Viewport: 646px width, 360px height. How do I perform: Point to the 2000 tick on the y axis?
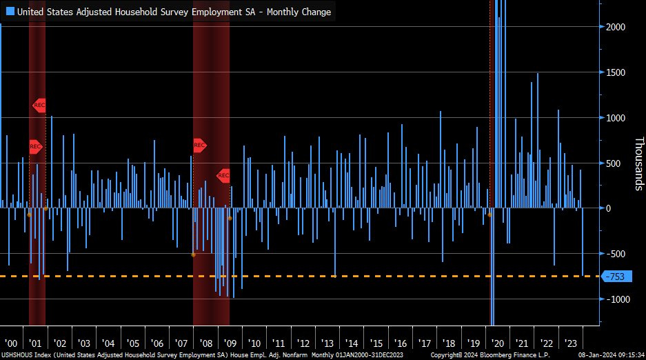tap(615, 27)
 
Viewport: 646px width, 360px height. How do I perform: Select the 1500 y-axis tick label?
tap(615, 72)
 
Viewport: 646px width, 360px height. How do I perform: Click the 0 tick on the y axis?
tap(609, 208)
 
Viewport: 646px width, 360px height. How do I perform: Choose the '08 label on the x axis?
tap(205, 343)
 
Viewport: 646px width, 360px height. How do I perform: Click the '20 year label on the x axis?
tap(497, 343)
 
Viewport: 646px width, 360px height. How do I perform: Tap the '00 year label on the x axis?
tap(11, 343)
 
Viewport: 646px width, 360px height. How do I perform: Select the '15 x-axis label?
tap(376, 343)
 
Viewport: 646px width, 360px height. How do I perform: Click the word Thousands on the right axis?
tap(638, 163)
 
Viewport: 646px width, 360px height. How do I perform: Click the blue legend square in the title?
tap(10, 12)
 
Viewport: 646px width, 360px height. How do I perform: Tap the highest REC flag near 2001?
tap(39, 106)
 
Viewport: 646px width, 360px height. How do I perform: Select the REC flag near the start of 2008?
tap(200, 146)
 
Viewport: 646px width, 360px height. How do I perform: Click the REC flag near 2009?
tap(223, 176)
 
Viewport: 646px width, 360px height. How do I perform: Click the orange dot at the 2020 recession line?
tap(489, 215)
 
